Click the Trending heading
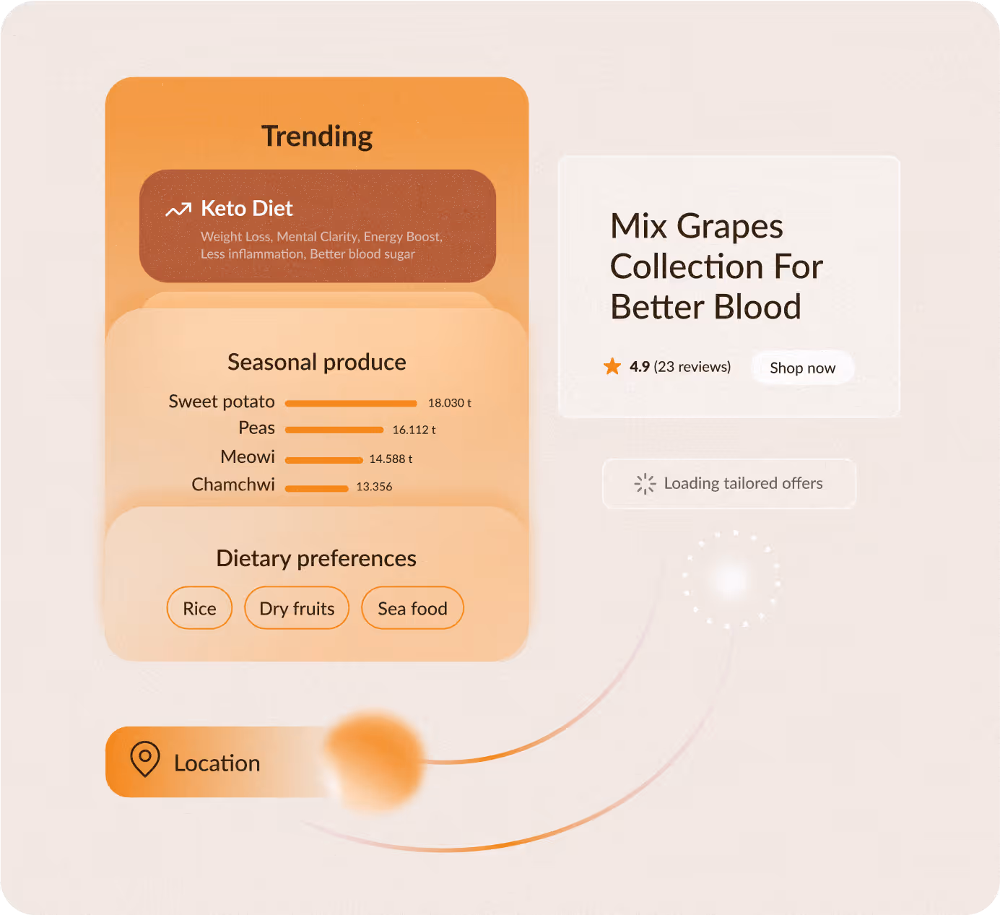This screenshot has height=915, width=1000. [316, 136]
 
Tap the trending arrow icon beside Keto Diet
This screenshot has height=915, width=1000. [178, 209]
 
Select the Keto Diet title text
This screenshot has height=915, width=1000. [246, 209]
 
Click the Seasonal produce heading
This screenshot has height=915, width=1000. [316, 362]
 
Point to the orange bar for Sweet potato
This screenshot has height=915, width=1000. [351, 404]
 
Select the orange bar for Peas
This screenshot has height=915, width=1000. [334, 430]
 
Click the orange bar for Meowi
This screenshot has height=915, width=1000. [323, 460]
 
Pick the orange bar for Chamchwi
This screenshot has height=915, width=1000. [316, 488]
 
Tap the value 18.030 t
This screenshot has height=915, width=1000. [449, 403]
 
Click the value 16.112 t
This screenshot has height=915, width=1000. [414, 430]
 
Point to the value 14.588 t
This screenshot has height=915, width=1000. [391, 459]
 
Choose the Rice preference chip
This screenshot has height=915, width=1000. [199, 608]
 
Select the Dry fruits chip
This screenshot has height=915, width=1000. [297, 608]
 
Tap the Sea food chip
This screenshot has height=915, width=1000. [412, 608]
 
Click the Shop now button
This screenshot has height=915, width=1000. [803, 368]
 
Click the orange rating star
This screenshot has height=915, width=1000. [612, 366]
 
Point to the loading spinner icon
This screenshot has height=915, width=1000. [645, 484]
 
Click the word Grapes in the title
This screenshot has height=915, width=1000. [730, 227]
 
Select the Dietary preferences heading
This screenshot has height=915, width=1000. [316, 558]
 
